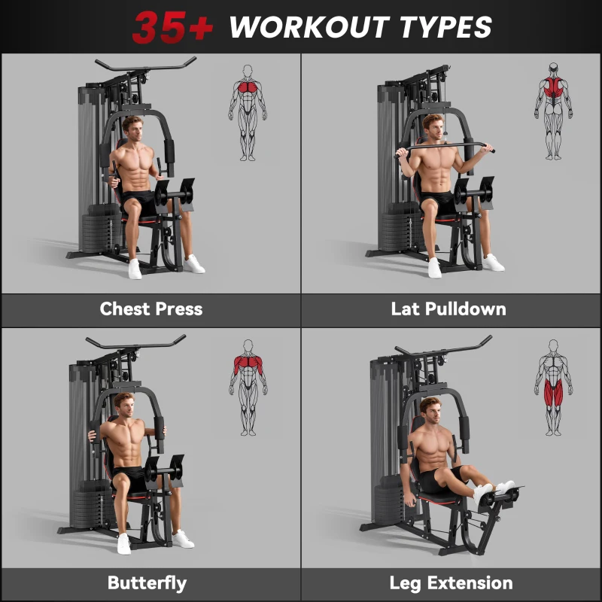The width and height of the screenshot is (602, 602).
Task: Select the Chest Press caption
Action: pyautogui.click(x=150, y=309)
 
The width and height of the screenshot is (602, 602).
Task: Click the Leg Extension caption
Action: pyautogui.click(x=451, y=583)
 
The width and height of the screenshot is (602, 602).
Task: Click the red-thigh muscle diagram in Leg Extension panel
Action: pyautogui.click(x=553, y=388)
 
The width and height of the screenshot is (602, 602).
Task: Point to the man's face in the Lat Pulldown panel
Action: pyautogui.click(x=433, y=128)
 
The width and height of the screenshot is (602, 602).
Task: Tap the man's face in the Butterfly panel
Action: pyautogui.click(x=123, y=404)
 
